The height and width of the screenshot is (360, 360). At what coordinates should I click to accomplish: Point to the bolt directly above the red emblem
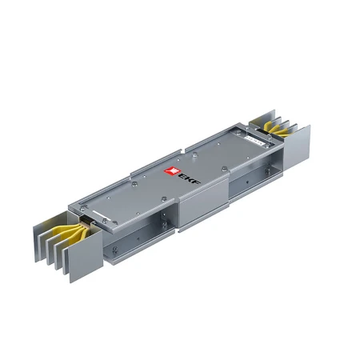(164, 161)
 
